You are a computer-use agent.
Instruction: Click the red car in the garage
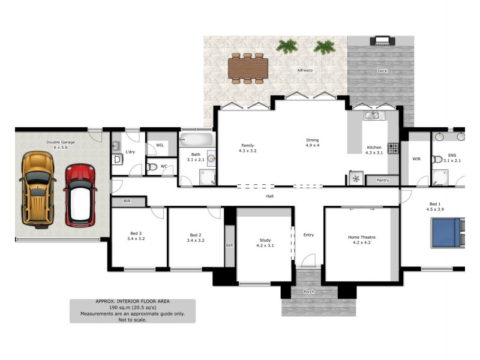tap(80, 195)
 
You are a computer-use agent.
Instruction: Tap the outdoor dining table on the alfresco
tap(247, 68)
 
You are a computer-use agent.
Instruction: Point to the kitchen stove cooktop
tap(393, 148)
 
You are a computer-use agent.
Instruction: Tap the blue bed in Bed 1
tap(447, 233)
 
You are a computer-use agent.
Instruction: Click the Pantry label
tap(382, 180)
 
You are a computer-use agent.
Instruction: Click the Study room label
tap(265, 242)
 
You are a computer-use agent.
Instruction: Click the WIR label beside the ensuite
tap(416, 159)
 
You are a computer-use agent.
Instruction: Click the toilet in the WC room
tap(152, 167)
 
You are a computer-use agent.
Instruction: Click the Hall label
tap(270, 196)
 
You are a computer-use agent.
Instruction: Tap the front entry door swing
tap(308, 260)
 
